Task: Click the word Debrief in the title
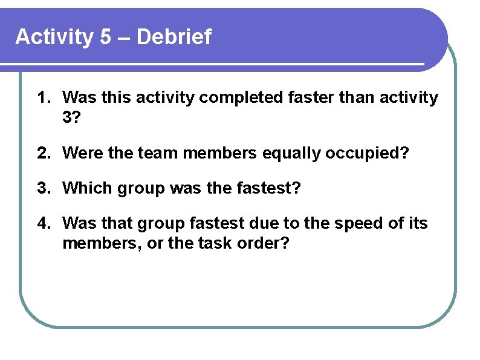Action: (175, 38)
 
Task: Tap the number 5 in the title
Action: (106, 38)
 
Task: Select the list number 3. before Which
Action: (44, 188)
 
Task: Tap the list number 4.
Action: (44, 224)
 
